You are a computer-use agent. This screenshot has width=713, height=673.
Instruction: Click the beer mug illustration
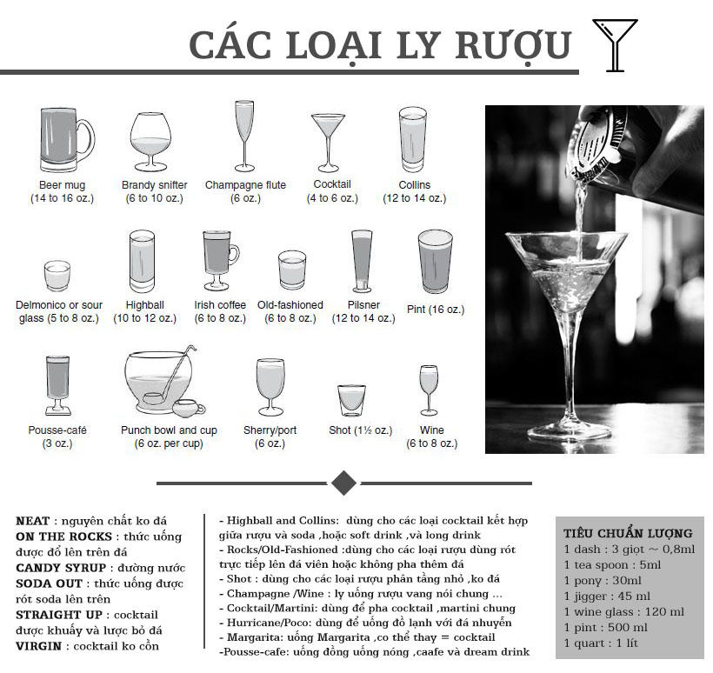[x=63, y=141]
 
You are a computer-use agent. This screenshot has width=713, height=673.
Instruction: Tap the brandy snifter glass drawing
[x=150, y=144]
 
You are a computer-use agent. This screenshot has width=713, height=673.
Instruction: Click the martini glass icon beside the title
[x=614, y=44]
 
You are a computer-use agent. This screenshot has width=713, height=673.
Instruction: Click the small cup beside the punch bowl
[x=188, y=408]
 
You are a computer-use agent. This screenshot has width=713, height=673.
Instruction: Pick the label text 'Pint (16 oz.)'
[x=436, y=310]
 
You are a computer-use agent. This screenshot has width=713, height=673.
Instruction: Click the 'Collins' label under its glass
[x=414, y=185]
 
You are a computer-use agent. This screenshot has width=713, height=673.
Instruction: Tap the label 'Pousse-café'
[x=57, y=430]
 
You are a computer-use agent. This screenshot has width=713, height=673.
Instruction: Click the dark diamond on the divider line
[x=343, y=483]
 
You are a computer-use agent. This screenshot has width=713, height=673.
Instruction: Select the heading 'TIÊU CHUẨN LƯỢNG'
[x=627, y=533]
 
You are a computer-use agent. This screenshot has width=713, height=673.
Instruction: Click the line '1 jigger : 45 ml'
[x=606, y=596]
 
